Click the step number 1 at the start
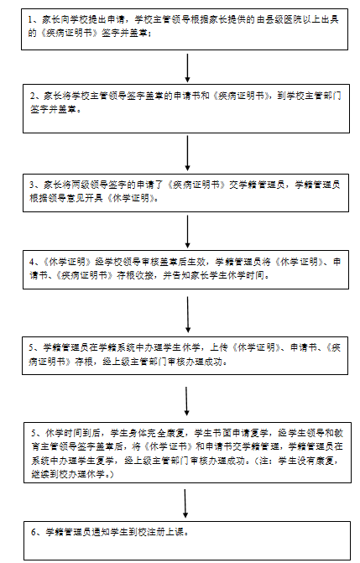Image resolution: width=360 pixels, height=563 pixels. tap(30, 19)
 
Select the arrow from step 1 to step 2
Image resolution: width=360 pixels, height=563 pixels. tap(187, 68)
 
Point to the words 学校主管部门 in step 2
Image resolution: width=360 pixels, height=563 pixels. tap(314, 96)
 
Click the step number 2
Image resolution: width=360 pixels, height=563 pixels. tap(33, 96)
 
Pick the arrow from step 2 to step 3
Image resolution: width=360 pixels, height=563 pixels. tap(187, 153)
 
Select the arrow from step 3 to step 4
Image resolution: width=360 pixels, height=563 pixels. tap(187, 232)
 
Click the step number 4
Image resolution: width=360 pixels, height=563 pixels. tap(32, 262)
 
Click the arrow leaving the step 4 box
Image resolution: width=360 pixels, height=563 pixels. tap(187, 315)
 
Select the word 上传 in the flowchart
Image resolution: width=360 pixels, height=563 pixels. tap(219, 347)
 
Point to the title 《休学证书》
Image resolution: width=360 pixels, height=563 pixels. tap(170, 446)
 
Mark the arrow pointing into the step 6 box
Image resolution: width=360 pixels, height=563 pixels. tap(185, 503)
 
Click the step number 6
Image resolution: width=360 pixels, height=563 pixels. tap(34, 533)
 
